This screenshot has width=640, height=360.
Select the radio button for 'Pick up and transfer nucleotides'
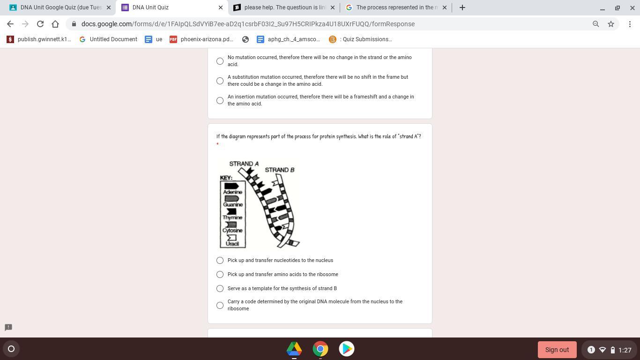point(220,260)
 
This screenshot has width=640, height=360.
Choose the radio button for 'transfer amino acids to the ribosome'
point(220,275)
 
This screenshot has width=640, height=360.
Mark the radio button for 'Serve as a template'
point(220,288)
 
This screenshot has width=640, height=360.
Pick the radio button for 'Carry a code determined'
point(220,305)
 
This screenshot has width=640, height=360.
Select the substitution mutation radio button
point(220,81)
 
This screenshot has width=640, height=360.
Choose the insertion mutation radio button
point(220,101)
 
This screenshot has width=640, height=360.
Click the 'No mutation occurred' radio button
point(220,61)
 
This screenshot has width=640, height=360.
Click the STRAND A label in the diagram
point(244,164)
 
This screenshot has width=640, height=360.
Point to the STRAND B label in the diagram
point(279,170)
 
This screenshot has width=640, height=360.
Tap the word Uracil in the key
point(232,244)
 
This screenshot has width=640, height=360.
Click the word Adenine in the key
point(232,192)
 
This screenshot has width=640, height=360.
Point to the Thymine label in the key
point(232,217)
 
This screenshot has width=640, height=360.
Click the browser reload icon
point(40,24)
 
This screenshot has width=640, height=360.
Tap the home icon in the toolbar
point(55,24)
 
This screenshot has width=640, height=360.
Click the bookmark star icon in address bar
point(611,24)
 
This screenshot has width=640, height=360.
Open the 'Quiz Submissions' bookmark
point(361,39)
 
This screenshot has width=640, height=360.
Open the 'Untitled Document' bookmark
point(108,39)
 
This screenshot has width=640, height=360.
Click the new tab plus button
point(462,7)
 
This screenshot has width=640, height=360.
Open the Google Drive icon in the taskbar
point(294,349)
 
